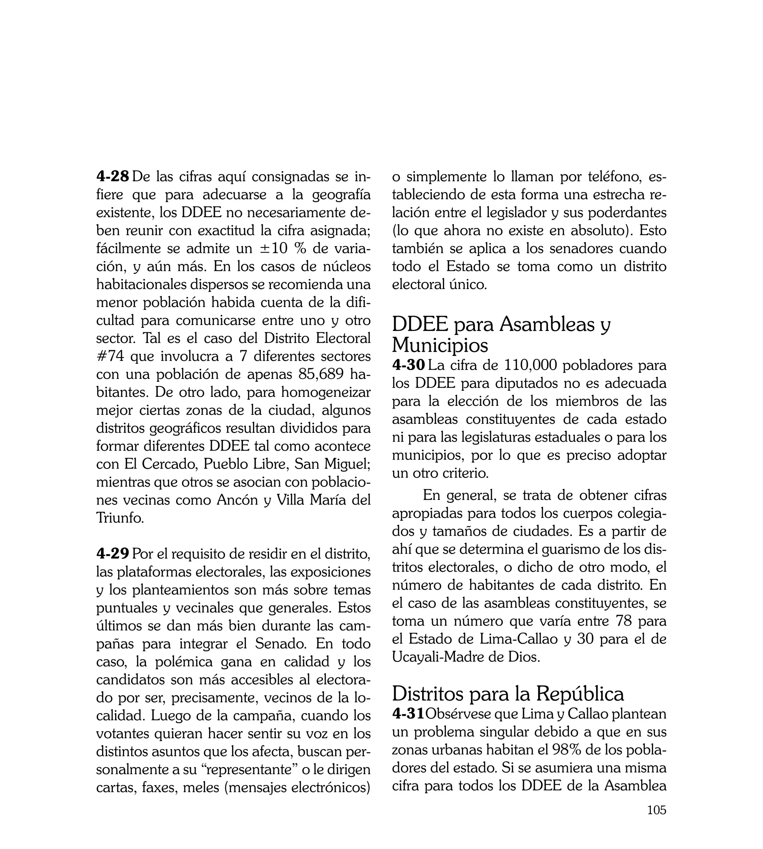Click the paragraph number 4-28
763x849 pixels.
point(113,177)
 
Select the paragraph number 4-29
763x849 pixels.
point(113,554)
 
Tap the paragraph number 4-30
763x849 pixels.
point(408,366)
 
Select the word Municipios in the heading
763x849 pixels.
point(440,345)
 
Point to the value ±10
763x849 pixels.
point(273,249)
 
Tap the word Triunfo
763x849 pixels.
point(120,518)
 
